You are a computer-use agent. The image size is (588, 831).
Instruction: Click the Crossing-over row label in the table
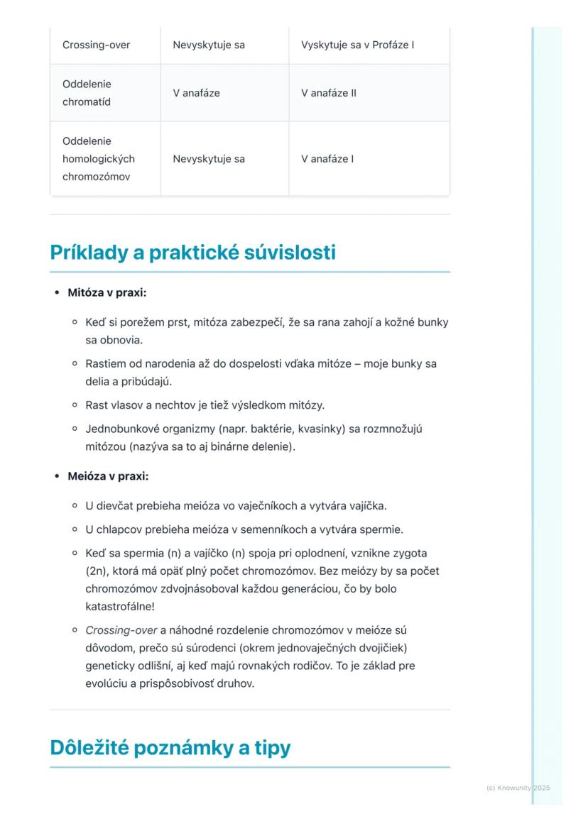click(x=96, y=45)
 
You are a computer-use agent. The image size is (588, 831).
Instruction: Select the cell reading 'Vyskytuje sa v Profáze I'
click(x=357, y=45)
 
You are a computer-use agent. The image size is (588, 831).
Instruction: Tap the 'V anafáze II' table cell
click(x=328, y=93)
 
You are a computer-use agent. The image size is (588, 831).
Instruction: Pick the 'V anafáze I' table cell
click(x=326, y=159)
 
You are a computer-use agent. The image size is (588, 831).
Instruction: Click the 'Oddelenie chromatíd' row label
click(x=87, y=93)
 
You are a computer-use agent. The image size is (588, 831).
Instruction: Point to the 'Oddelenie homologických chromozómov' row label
click(x=98, y=159)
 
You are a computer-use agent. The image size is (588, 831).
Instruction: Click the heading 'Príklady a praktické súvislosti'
click(x=192, y=253)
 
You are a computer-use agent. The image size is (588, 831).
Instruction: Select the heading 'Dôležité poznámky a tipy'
click(x=170, y=748)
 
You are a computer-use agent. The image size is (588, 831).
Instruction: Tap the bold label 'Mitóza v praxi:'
click(x=107, y=292)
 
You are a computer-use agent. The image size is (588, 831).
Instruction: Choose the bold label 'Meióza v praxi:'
click(x=108, y=476)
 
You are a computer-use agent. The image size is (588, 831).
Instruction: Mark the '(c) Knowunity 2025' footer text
click(x=518, y=788)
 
